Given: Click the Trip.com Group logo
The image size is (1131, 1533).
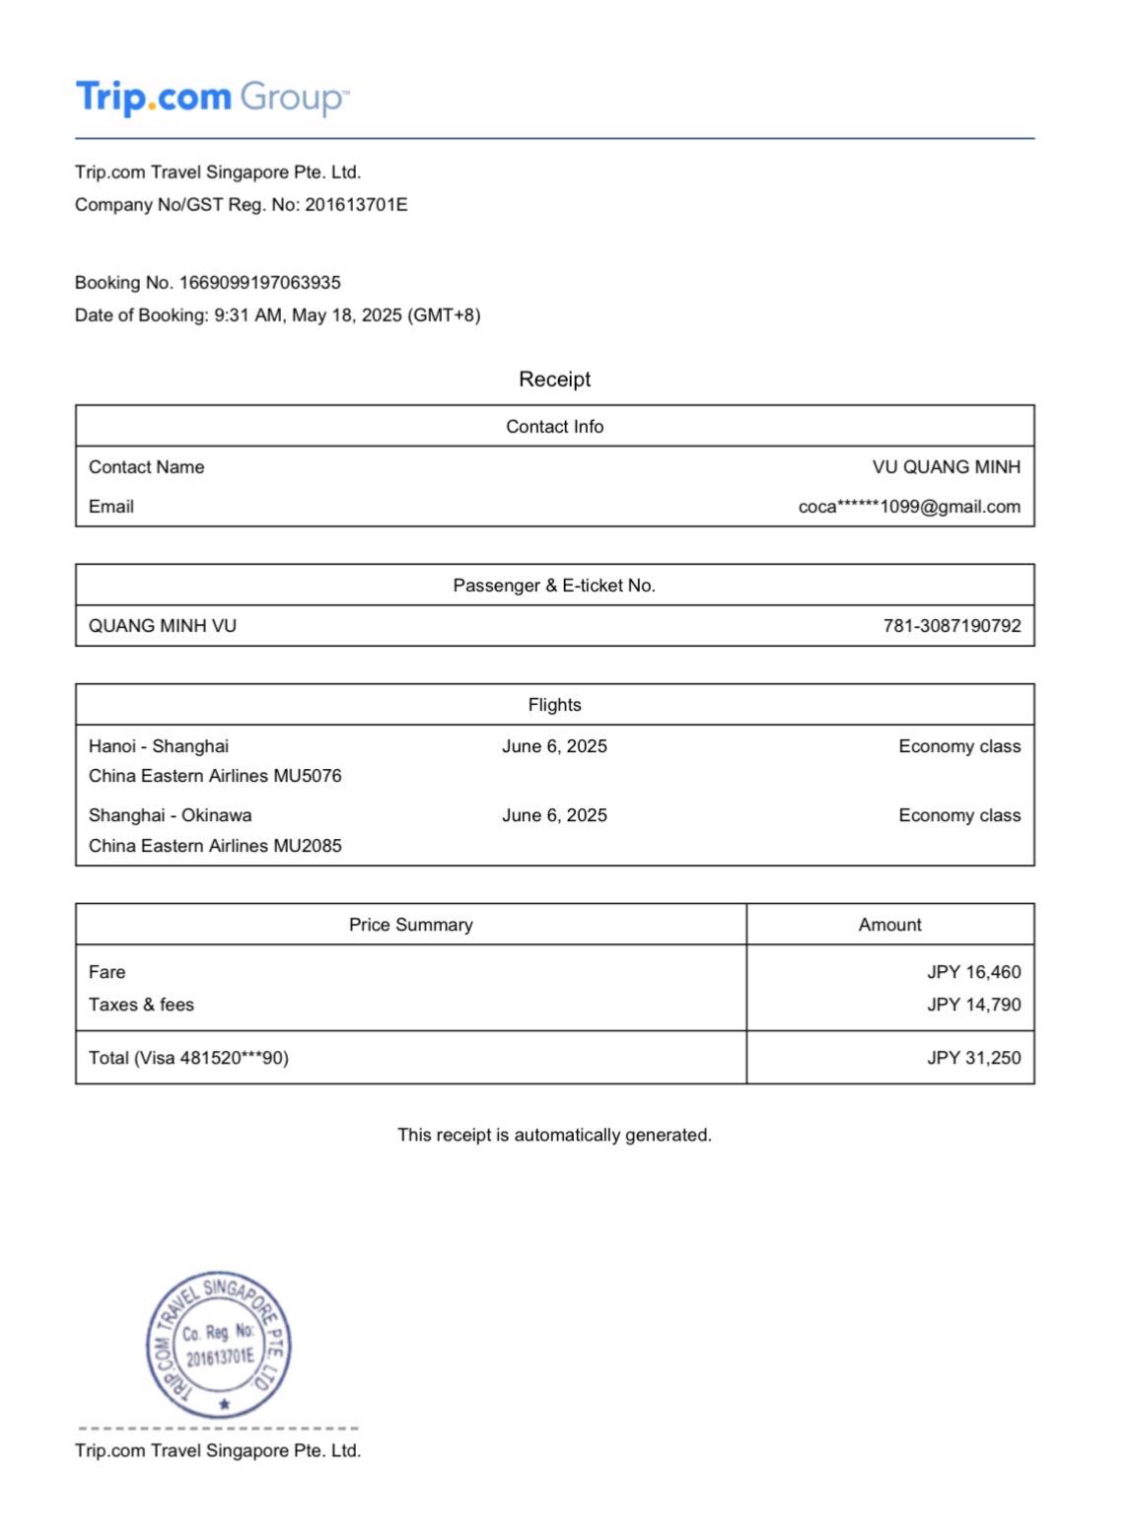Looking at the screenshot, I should point(212,98).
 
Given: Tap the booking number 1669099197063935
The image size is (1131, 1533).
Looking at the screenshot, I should point(259,283).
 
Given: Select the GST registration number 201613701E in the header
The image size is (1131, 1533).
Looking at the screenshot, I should point(356,205).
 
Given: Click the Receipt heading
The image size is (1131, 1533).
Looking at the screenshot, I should point(554,380).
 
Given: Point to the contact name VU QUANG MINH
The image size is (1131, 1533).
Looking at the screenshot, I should point(946,467).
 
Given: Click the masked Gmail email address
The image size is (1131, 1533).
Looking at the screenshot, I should point(909,507).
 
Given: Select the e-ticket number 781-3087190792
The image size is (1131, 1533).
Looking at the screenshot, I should point(952,626).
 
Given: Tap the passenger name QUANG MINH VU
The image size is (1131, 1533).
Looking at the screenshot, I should point(163,626).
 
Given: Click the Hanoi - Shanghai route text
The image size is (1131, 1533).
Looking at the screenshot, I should point(159,746).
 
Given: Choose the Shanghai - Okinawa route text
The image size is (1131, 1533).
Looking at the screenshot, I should point(170,815).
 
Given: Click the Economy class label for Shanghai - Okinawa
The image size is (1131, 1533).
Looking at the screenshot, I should point(959,815).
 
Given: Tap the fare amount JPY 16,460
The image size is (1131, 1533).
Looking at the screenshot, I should point(973,972).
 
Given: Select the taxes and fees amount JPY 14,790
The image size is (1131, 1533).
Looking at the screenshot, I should point(973,1005).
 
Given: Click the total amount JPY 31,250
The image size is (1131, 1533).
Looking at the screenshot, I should point(973,1058).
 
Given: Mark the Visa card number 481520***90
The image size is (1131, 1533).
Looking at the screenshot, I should point(234,1058).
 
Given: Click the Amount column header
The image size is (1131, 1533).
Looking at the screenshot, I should point(889,925).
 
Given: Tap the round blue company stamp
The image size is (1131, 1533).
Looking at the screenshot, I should point(219,1345).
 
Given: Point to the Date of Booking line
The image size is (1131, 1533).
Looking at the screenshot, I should point(277,315).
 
